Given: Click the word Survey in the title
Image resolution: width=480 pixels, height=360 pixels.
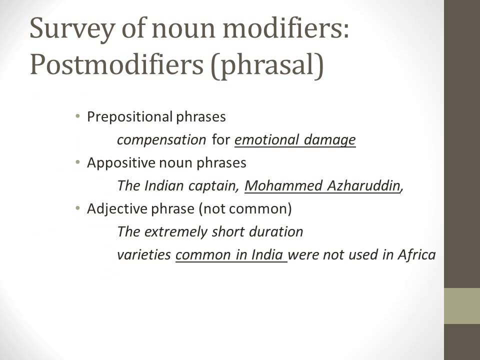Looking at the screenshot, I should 67,30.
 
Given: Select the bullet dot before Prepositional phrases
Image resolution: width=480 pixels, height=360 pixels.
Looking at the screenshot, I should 77,116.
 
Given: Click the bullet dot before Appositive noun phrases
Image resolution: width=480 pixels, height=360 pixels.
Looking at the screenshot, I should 77,162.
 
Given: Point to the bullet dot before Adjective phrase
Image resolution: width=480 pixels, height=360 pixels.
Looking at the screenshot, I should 77,208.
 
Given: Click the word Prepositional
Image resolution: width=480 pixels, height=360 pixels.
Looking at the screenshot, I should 129,117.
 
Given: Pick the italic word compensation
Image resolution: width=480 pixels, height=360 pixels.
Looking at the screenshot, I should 161,140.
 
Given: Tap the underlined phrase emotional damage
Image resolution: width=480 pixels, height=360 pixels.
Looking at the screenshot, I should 295,140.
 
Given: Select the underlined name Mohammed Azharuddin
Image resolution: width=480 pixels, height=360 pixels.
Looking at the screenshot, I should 323,186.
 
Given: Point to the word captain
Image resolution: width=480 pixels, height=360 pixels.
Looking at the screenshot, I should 213,186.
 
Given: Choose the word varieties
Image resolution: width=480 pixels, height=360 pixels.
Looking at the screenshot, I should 144,255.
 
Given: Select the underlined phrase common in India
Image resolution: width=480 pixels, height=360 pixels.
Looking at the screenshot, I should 230,255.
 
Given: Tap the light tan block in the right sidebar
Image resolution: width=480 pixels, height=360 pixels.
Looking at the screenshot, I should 462,306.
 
